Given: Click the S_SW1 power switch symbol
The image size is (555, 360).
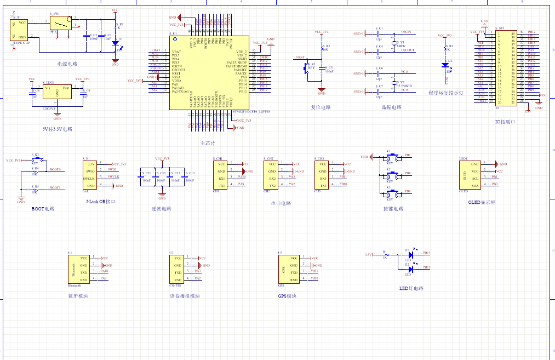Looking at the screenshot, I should pyautogui.click(x=61, y=22).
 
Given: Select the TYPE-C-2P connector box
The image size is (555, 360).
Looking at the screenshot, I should pyautogui.click(x=20, y=30).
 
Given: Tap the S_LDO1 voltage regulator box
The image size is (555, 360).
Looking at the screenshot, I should pyautogui.click(x=57, y=93).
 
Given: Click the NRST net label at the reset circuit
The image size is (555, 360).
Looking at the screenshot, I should pyautogui.click(x=300, y=57).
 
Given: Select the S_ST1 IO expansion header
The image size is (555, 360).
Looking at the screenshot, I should pyautogui.click(x=505, y=67).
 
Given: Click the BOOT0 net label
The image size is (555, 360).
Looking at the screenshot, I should pyautogui.click(x=55, y=169).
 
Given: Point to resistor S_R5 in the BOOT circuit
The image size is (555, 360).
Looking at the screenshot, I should pyautogui.click(x=35, y=188).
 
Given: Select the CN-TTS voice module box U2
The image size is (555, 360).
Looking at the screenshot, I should pyautogui.click(x=179, y=268).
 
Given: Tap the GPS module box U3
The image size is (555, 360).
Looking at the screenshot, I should pyautogui.click(x=288, y=268).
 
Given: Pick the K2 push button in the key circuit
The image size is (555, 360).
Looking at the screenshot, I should pyautogui.click(x=389, y=175).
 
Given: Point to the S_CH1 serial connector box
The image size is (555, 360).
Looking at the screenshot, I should pyautogui.click(x=221, y=175).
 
